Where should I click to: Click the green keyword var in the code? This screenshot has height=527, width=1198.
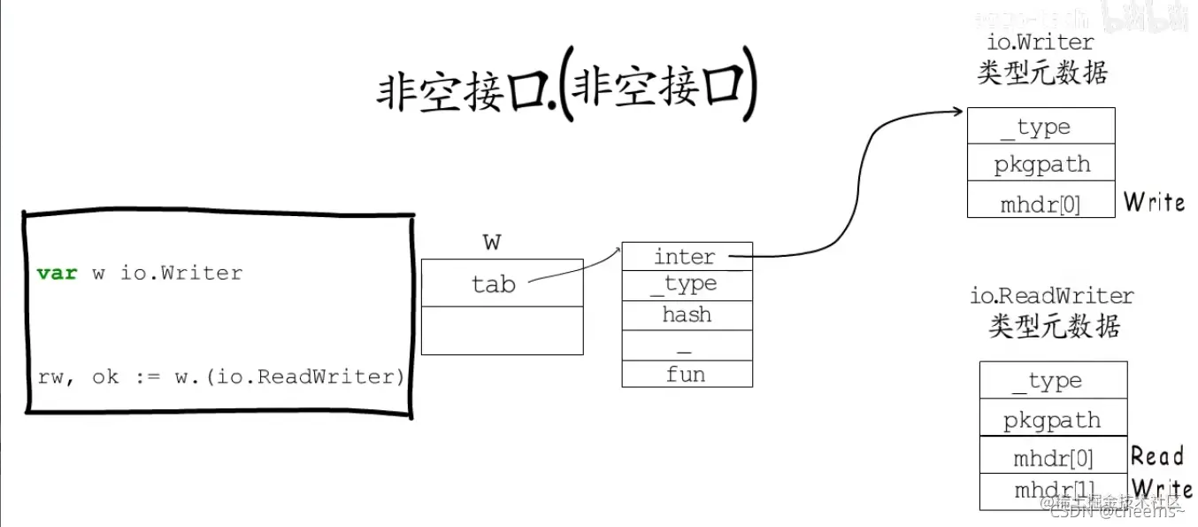click(x=58, y=273)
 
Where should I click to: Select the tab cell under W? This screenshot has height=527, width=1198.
click(x=502, y=283)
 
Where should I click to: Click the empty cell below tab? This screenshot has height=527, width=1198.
click(x=502, y=330)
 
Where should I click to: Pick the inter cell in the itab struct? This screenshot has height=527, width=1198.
click(x=687, y=257)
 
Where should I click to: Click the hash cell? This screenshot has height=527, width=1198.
click(x=687, y=315)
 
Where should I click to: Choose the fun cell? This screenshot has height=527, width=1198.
click(x=687, y=375)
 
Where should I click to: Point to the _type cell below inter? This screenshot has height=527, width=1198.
click(x=687, y=285)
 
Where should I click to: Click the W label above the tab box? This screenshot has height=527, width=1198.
click(x=493, y=242)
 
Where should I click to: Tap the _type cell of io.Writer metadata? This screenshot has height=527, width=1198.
click(x=1041, y=127)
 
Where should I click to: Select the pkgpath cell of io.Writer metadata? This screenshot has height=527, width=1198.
click(x=1041, y=164)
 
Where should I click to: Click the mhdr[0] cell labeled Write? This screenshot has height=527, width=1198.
click(x=1041, y=204)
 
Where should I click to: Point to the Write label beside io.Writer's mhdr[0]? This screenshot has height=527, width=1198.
click(x=1154, y=202)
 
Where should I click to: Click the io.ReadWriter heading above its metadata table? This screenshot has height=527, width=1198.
click(x=1052, y=296)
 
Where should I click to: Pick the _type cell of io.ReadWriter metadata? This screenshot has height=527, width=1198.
click(x=1053, y=381)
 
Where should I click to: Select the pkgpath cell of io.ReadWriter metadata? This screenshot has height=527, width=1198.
click(x=1053, y=419)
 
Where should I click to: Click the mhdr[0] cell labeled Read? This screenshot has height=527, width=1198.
click(x=1053, y=458)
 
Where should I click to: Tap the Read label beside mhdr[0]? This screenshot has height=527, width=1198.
click(x=1157, y=457)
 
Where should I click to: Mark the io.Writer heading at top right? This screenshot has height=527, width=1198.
click(x=1040, y=42)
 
